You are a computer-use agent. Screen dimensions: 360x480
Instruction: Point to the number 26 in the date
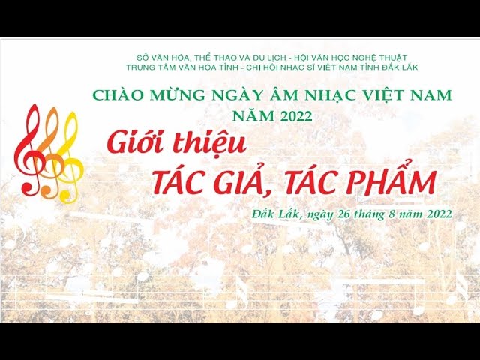click(x=344, y=214)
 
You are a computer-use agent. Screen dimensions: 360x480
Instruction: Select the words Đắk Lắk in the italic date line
click(x=276, y=214)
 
